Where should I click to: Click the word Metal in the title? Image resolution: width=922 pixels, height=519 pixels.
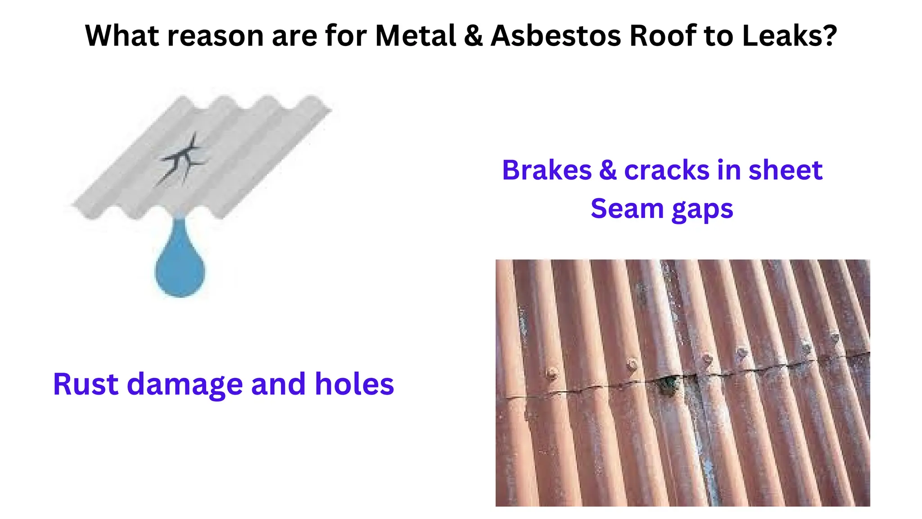coord(416,36)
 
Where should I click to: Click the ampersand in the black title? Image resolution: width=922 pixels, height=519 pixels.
coord(473,36)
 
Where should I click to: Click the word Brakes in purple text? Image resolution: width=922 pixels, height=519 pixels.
coord(547,170)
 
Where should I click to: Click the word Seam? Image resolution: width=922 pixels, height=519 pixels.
coord(627,209)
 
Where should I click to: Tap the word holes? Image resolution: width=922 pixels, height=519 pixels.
coord(354,384)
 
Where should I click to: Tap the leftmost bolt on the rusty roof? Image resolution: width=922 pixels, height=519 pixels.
coord(551,373)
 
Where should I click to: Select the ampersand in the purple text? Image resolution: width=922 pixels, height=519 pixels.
coord(607,170)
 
